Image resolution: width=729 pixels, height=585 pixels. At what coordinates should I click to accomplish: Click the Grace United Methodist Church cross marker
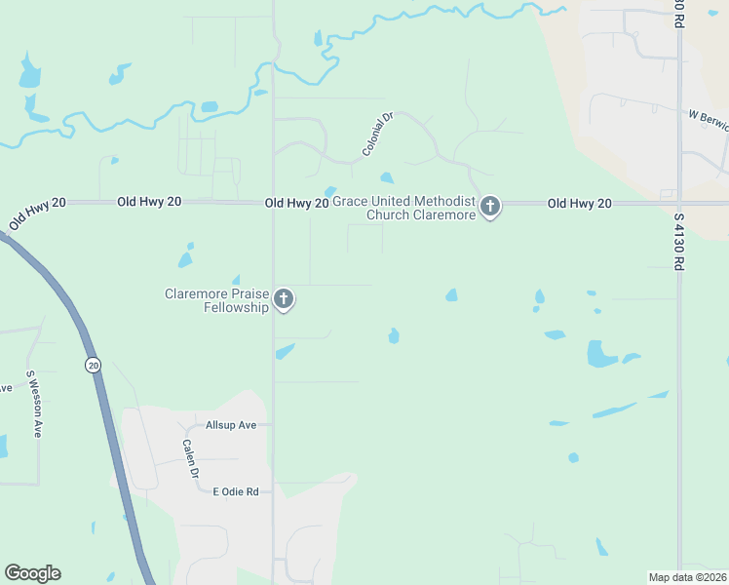489,207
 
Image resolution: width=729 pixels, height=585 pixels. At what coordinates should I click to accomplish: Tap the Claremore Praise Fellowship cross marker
284,299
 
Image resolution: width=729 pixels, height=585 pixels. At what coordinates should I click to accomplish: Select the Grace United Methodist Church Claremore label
403,208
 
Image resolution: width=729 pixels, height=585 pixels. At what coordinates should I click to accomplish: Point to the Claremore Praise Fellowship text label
216,300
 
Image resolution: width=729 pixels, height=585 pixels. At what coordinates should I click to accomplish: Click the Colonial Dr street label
376,135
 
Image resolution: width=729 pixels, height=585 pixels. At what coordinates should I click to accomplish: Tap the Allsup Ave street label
230,425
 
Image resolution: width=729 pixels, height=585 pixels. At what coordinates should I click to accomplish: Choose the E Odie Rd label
235,492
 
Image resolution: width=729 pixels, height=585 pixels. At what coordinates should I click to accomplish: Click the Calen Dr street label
191,458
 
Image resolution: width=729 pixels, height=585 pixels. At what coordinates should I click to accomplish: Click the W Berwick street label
708,115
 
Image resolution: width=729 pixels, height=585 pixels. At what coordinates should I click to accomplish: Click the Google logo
32,573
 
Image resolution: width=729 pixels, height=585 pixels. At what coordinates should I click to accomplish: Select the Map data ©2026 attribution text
688,577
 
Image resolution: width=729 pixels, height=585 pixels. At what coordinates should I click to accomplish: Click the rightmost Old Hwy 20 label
579,203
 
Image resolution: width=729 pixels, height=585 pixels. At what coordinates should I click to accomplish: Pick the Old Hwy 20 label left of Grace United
296,203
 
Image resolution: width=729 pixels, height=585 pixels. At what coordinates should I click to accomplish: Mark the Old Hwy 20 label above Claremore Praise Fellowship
149,201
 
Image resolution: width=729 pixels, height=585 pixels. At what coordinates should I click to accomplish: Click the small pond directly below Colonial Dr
387,178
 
